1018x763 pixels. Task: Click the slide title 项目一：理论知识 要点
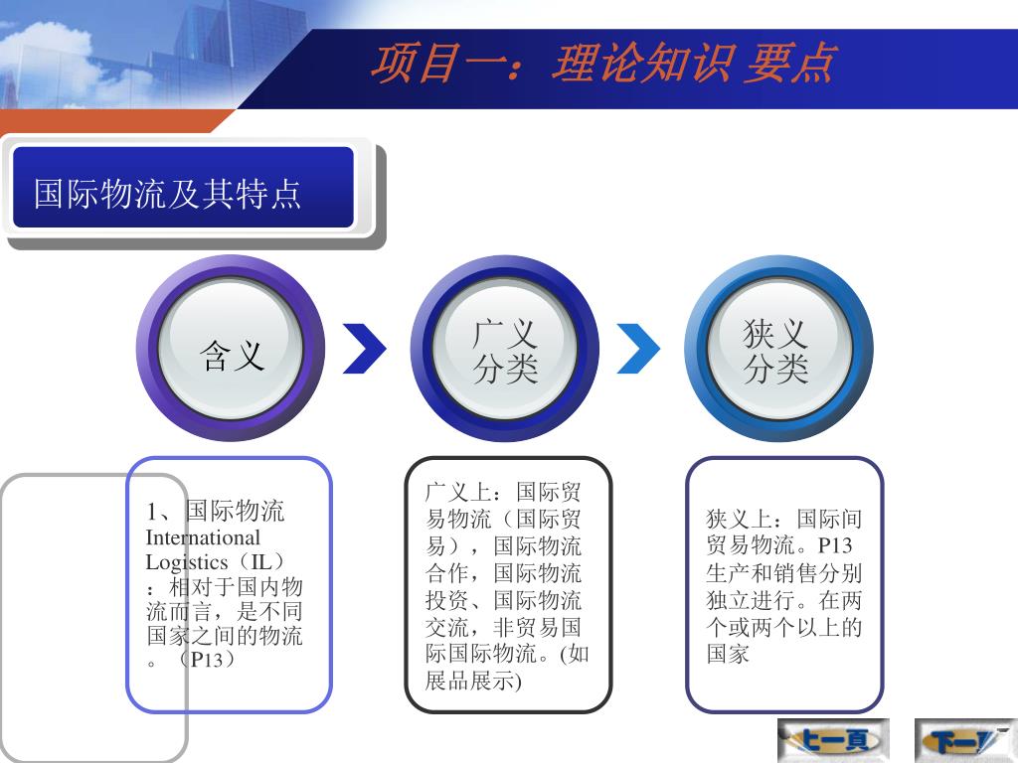click(602, 64)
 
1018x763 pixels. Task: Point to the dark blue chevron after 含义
click(364, 349)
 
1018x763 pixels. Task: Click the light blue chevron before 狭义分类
click(638, 349)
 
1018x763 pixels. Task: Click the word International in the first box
click(203, 537)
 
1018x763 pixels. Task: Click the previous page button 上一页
click(833, 740)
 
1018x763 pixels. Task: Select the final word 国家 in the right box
click(728, 654)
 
